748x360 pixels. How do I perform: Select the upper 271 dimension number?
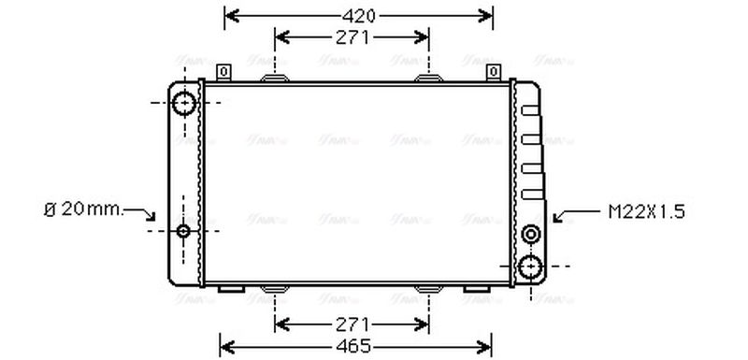(352, 37)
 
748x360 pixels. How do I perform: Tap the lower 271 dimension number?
(352, 324)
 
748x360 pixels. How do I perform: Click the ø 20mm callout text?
(83, 209)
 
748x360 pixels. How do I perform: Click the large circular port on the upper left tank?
(184, 102)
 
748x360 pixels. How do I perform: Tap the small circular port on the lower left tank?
(183, 231)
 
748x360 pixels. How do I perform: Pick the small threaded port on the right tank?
(531, 234)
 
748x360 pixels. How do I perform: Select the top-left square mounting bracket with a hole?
(223, 72)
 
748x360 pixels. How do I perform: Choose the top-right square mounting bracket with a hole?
(493, 72)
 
